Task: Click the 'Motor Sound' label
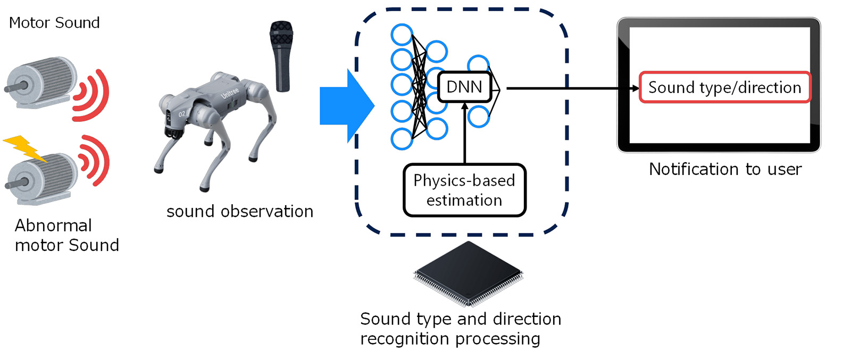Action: click(54, 23)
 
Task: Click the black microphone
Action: click(281, 55)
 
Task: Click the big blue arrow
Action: click(346, 106)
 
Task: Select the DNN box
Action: click(464, 87)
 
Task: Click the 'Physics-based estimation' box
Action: click(464, 190)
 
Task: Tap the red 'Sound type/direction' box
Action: click(724, 87)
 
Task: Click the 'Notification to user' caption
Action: click(725, 169)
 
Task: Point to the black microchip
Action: click(468, 273)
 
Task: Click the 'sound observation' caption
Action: click(240, 212)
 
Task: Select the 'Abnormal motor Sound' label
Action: click(66, 235)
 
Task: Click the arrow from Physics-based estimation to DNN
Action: click(465, 133)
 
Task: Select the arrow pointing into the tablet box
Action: click(574, 88)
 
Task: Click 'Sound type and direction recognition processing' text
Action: click(460, 329)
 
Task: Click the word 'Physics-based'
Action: click(464, 181)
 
